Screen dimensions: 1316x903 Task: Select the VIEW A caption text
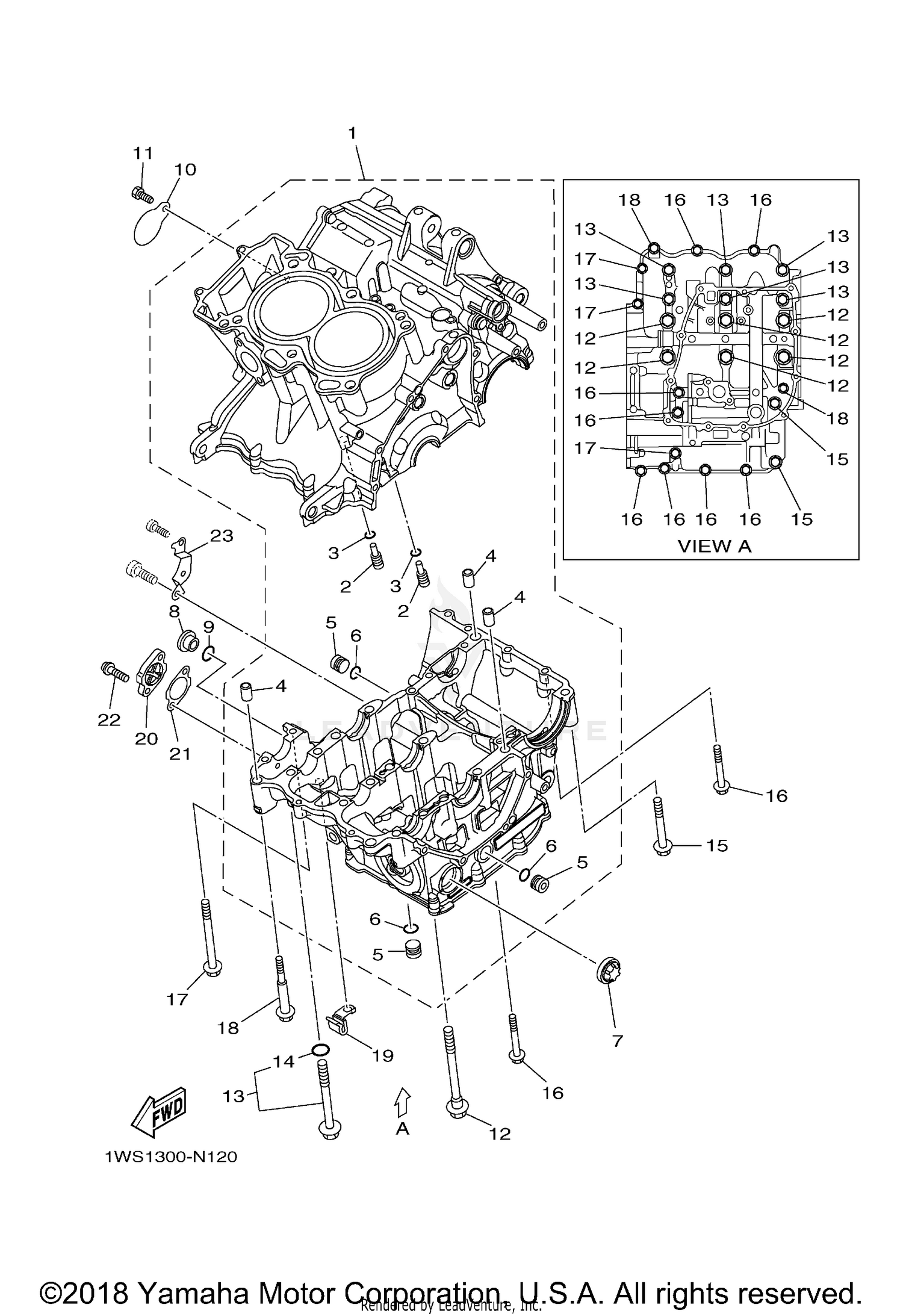click(x=714, y=546)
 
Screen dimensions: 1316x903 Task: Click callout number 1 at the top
click(x=352, y=133)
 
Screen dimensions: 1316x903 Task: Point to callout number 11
click(x=143, y=153)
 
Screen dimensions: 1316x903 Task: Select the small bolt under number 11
click(x=140, y=194)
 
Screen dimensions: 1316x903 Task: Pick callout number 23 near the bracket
click(x=221, y=535)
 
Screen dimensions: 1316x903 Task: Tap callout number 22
click(x=110, y=719)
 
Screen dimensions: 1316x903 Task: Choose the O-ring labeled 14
click(x=320, y=1051)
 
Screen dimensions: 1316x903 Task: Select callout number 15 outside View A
click(x=716, y=846)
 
